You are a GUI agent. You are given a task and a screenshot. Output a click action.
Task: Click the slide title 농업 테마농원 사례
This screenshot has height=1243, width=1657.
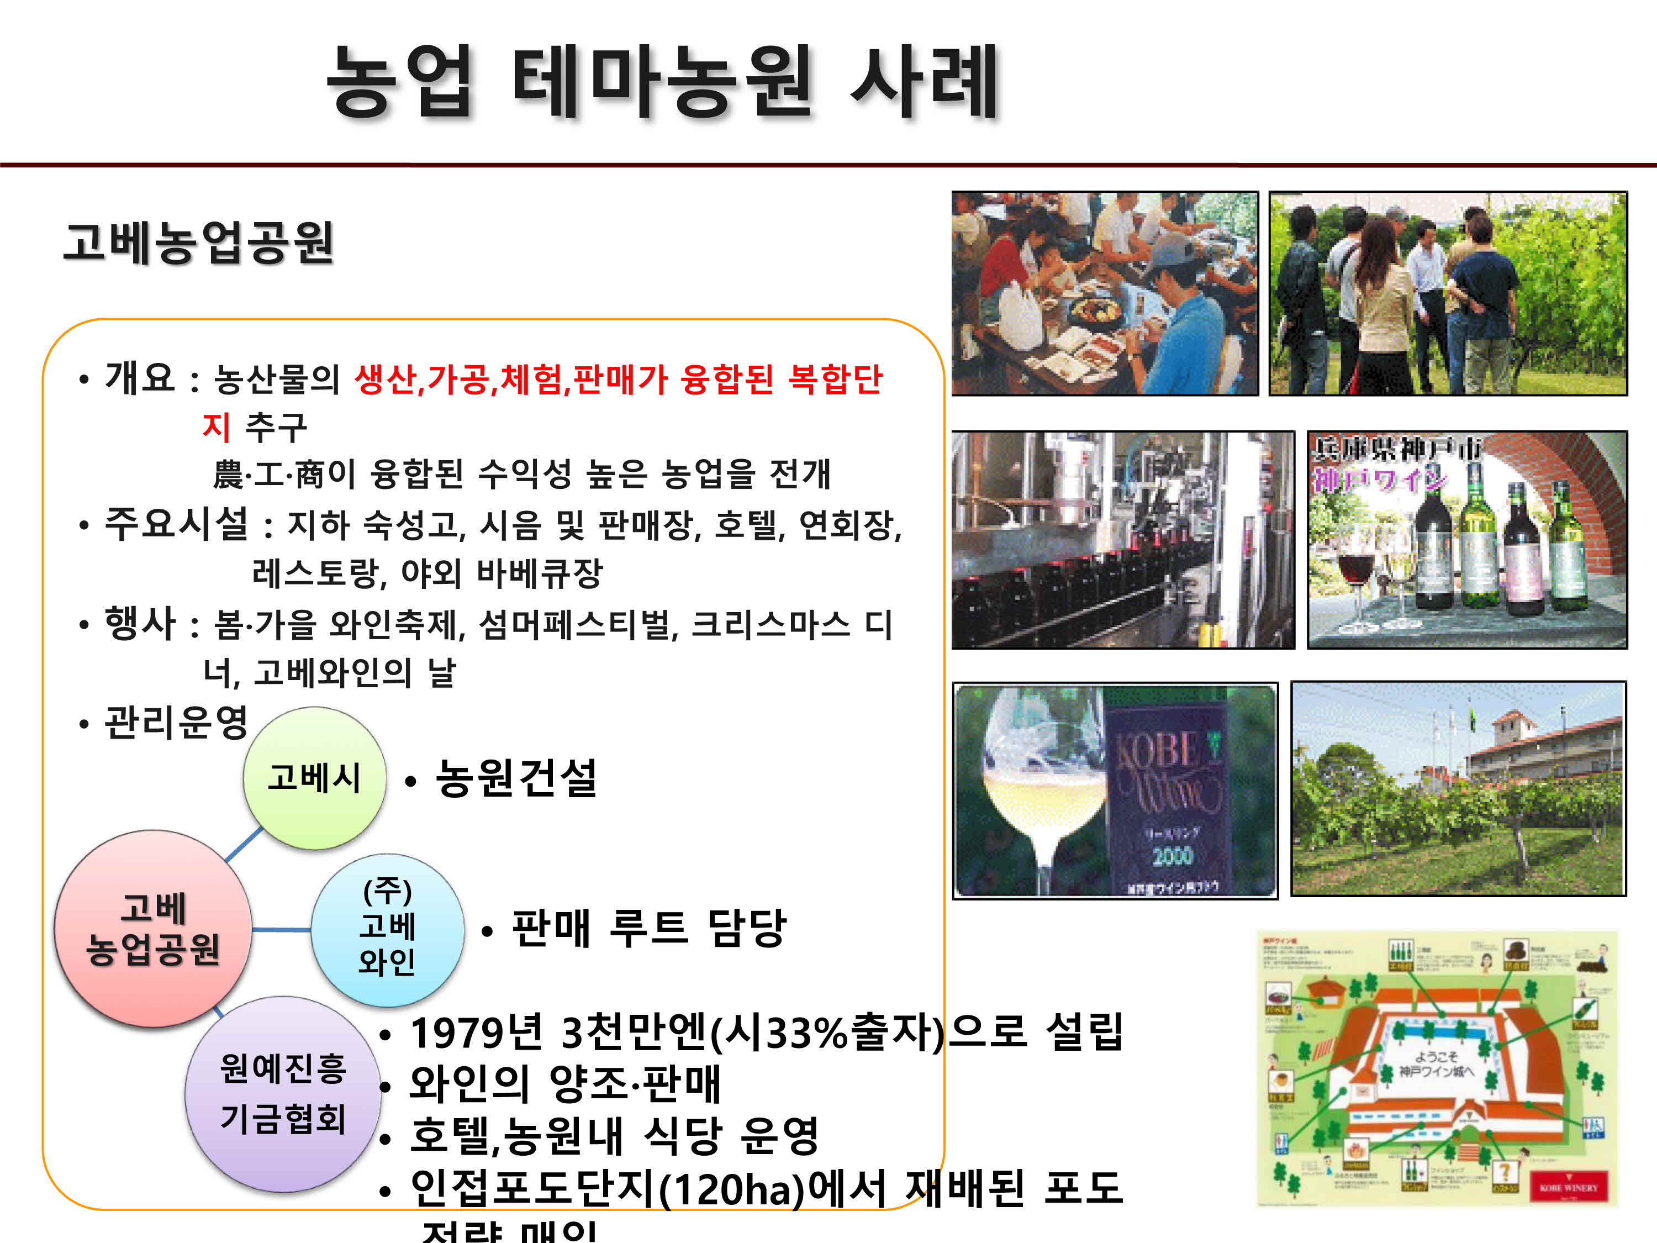[x=663, y=81]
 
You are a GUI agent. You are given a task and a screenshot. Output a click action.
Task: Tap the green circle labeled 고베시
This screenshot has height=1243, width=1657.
[x=315, y=778]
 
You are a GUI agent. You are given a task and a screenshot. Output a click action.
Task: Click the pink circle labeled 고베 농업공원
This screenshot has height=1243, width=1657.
[x=153, y=929]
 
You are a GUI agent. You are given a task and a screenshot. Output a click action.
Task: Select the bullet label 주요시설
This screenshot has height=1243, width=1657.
[x=176, y=523]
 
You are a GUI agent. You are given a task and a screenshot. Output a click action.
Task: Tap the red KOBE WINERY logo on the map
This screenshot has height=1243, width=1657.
[x=1569, y=1188]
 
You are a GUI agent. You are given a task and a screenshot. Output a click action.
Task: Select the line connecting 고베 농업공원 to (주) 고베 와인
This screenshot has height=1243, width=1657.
[x=282, y=930]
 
